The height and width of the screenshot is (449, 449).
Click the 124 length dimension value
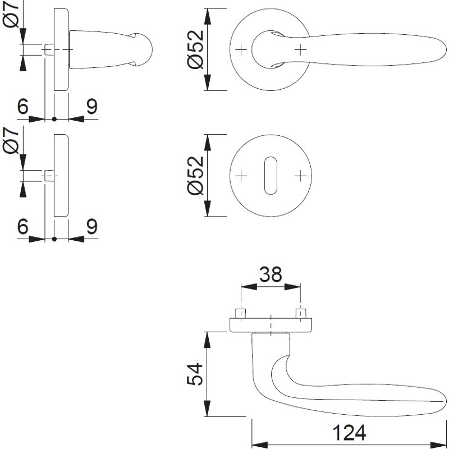click(x=349, y=433)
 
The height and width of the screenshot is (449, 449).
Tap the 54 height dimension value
click(x=195, y=374)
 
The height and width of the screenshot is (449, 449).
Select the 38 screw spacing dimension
click(x=271, y=274)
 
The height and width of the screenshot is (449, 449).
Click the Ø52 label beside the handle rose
click(x=195, y=49)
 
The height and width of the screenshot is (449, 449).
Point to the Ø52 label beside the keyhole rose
click(x=195, y=175)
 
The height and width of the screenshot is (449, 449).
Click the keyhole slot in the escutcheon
click(x=271, y=176)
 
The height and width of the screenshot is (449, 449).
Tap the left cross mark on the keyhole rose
click(x=241, y=176)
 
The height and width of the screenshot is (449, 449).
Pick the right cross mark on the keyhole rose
click(x=300, y=176)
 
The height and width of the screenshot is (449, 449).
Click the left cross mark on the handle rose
click(x=241, y=50)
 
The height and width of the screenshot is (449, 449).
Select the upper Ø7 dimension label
click(x=11, y=14)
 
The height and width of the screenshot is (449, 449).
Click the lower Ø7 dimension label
click(x=11, y=140)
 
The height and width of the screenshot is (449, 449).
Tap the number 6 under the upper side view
click(x=23, y=107)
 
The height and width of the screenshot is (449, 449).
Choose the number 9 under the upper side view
click(x=92, y=107)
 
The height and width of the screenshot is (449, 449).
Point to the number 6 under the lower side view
click(x=23, y=227)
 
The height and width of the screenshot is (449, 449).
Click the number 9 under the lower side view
click(x=92, y=227)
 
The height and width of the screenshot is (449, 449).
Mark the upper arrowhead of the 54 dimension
click(x=208, y=340)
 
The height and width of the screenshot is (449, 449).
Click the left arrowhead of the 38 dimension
click(x=249, y=287)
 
